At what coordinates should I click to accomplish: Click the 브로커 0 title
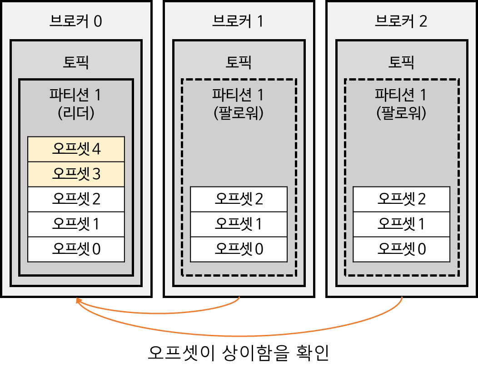point(76,21)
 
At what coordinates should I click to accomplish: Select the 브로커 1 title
point(238,21)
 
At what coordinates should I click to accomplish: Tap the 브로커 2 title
point(401,21)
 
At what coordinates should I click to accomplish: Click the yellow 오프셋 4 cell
point(76,149)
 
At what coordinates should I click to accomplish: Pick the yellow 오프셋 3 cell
point(76,174)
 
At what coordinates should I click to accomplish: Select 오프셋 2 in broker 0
point(76,199)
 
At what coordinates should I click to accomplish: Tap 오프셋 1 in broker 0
point(76,224)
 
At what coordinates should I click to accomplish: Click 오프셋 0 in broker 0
point(76,249)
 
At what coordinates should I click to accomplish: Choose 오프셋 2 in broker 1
point(239,199)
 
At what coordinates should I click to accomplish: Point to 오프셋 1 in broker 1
point(239,224)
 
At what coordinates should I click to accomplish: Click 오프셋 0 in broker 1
point(239,249)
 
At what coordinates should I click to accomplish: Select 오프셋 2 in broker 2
point(402,199)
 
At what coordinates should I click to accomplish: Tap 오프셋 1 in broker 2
point(402,224)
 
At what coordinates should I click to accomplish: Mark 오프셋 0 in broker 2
point(402,249)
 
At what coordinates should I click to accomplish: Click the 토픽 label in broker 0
point(76,62)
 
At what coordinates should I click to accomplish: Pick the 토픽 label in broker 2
point(402,62)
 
